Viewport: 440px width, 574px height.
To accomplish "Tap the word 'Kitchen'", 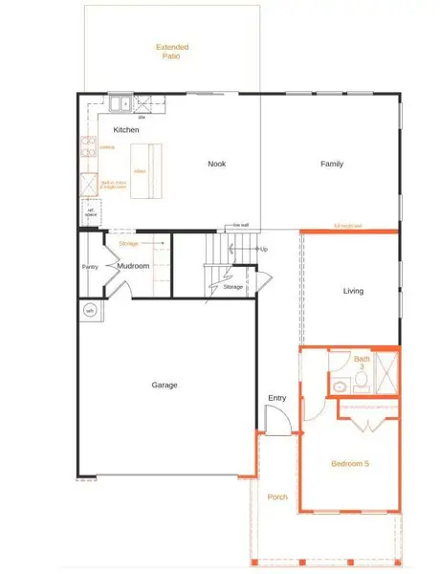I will pos(126,129).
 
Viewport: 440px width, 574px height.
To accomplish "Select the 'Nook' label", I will pos(216,164).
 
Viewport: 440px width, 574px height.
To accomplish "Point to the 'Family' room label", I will pos(332,164).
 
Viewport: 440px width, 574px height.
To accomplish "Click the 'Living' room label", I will pos(353,291).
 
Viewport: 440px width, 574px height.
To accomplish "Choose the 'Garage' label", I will pos(165,386).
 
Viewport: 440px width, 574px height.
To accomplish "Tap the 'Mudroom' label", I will pos(133,266).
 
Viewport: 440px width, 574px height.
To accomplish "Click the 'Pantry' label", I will pos(91,267).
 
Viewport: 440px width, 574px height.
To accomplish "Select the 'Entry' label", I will pos(276,398).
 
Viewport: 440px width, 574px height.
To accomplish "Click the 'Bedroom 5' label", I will pos(349,463).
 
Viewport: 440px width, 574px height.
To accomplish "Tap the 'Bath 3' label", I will pos(361,361).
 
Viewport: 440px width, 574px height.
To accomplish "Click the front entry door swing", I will pos(275,421).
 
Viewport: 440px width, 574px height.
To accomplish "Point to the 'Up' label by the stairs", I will pos(264,249).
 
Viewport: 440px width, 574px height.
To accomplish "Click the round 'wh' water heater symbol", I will pos(90,311).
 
